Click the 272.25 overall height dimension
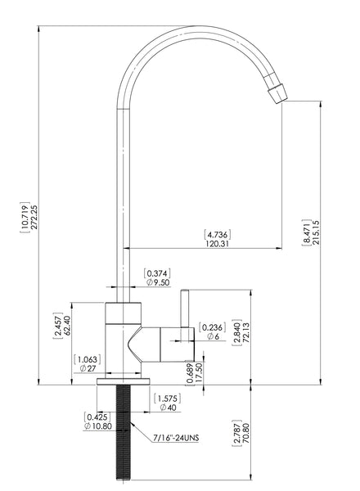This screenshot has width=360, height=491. [34, 217]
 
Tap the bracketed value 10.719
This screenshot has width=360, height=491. [25, 218]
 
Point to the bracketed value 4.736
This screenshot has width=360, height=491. [218, 234]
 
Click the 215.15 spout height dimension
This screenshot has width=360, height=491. [316, 232]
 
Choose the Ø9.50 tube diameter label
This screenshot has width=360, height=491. [158, 282]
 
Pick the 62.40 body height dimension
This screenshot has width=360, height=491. [67, 326]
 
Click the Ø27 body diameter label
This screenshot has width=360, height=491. [88, 368]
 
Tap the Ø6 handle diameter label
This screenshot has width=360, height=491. [213, 336]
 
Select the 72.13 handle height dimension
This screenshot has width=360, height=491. [245, 332]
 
